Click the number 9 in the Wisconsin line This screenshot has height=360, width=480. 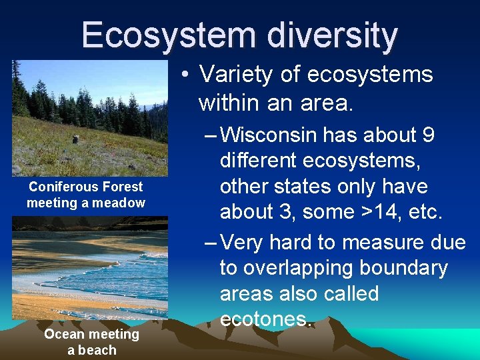[x=429, y=135]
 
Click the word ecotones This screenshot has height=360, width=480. [x=265, y=319]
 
